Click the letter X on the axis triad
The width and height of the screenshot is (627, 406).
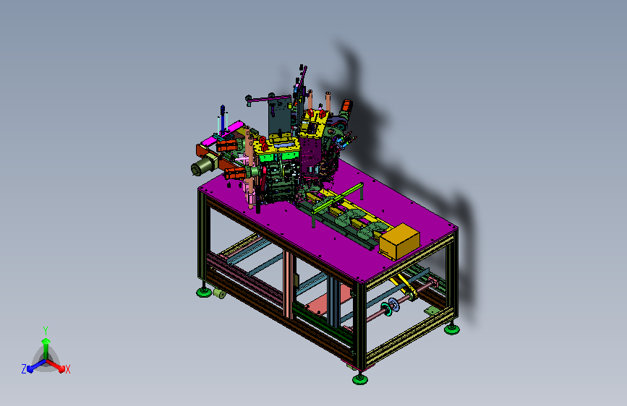pyautogui.click(x=68, y=369)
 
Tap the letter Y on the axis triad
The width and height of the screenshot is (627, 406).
pyautogui.click(x=46, y=331)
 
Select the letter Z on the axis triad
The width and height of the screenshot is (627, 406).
pyautogui.click(x=24, y=369)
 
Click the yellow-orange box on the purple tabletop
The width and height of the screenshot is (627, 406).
pyautogui.click(x=399, y=241)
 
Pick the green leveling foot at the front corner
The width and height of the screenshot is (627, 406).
pyautogui.click(x=360, y=379)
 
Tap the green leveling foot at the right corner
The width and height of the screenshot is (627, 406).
pyautogui.click(x=452, y=329)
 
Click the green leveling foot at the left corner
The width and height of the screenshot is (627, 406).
pyautogui.click(x=204, y=292)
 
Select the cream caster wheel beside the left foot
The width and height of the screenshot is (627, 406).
pyautogui.click(x=219, y=293)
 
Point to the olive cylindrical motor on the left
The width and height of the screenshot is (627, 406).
pyautogui.click(x=202, y=165)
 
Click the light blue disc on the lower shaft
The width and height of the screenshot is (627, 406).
pyautogui.click(x=393, y=305)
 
